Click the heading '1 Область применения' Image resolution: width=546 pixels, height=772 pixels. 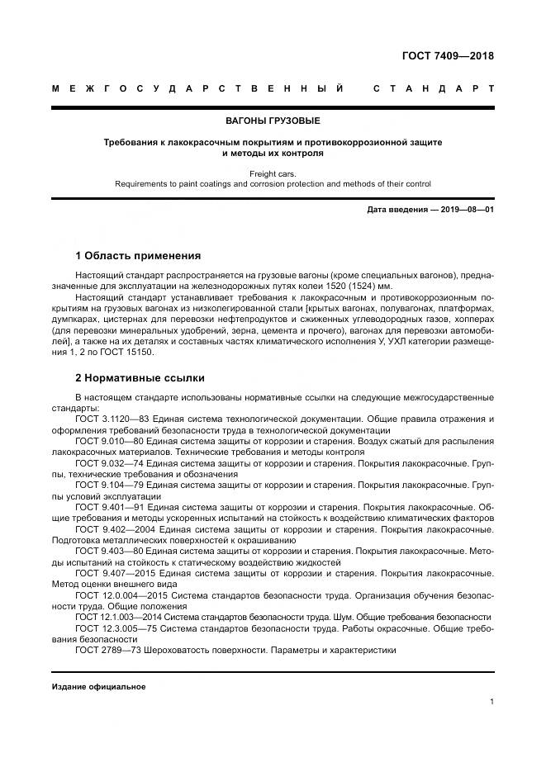click(x=137, y=255)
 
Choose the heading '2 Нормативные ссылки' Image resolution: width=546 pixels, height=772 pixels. click(x=140, y=379)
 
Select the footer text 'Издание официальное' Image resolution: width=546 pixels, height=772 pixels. click(x=98, y=687)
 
